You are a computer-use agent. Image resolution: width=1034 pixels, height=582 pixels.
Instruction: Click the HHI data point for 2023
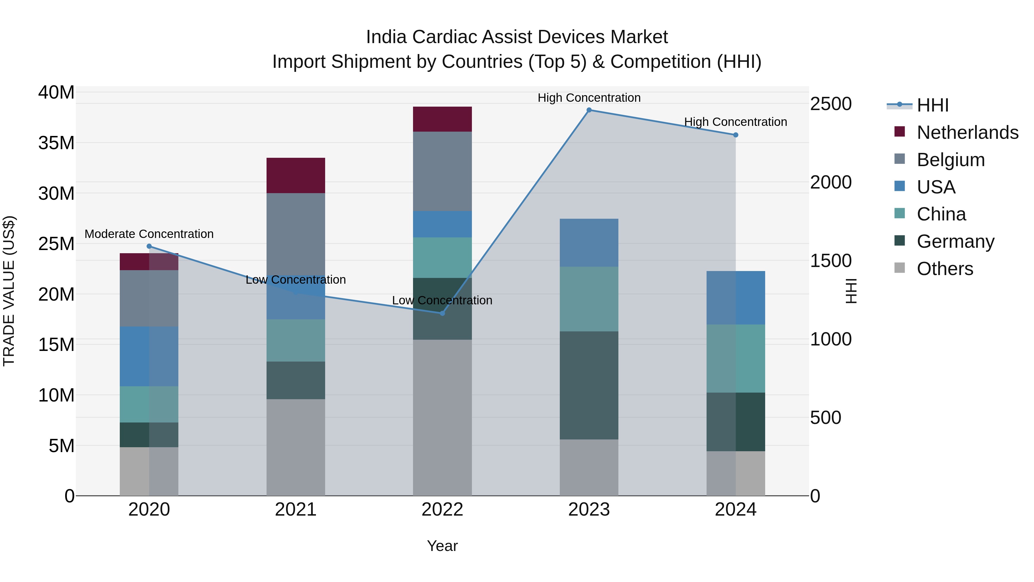point(589,110)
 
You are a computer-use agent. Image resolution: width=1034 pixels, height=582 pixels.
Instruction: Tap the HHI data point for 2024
point(735,135)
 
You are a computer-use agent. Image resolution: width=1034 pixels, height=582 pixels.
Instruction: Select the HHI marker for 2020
point(149,246)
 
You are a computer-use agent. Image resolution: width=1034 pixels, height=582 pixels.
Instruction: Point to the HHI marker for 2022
point(442,313)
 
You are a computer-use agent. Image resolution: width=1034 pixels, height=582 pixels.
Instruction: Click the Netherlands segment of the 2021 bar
point(296,176)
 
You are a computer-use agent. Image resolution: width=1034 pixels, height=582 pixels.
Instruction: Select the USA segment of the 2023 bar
point(589,243)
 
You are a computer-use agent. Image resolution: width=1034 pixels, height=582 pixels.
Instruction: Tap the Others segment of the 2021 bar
point(296,447)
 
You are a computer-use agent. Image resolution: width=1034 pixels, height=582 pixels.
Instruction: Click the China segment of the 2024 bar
point(735,358)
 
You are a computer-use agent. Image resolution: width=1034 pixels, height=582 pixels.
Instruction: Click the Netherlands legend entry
point(967,132)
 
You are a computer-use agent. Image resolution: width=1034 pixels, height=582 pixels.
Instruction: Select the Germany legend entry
point(955,241)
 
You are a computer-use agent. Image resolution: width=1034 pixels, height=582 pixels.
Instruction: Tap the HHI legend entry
point(932,105)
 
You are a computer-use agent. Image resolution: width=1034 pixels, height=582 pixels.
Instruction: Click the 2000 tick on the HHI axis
point(830,182)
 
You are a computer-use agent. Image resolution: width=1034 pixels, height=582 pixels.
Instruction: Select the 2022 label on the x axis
point(442,510)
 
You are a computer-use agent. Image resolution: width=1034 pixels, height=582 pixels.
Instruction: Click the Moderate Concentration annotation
point(149,234)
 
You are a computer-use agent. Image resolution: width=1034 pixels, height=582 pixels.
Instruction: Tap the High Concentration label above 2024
point(735,122)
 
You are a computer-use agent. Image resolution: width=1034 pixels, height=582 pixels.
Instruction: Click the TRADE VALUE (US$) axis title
point(9,291)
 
